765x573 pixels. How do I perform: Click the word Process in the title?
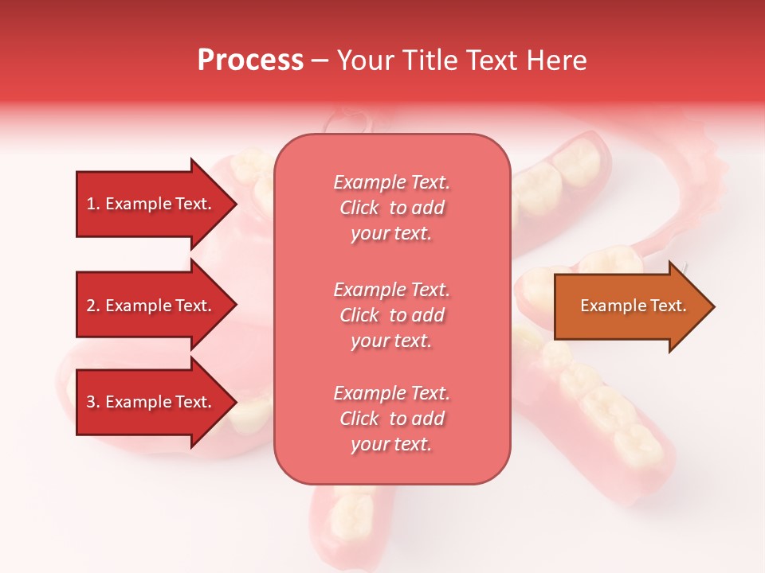[x=250, y=60]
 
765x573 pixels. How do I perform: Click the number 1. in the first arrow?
[x=93, y=204]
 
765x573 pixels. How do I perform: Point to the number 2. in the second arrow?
[x=93, y=306]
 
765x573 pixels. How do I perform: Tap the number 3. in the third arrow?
[x=93, y=402]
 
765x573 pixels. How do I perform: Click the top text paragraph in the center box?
[x=391, y=208]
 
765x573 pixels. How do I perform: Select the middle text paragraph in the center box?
[x=391, y=314]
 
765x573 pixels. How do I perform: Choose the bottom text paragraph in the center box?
[x=391, y=419]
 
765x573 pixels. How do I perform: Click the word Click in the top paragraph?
[x=359, y=208]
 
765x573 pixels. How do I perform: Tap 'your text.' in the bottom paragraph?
[x=391, y=444]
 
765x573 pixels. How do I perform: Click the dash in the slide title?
[x=320, y=60]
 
